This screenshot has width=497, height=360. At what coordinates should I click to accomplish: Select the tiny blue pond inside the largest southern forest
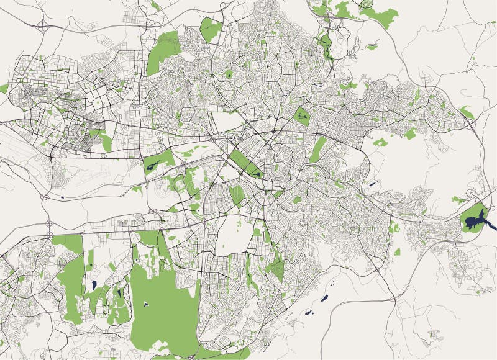coord(145,304)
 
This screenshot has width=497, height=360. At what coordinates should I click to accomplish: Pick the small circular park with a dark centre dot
coord(229,74)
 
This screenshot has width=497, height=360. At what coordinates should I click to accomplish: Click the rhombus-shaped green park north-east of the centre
coord(302,115)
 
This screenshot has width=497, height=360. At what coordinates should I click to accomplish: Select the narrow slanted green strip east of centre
coord(318,149)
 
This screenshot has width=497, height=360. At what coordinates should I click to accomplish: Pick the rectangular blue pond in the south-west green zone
coord(93,285)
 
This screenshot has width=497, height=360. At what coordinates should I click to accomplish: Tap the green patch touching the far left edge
coord(3,89)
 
